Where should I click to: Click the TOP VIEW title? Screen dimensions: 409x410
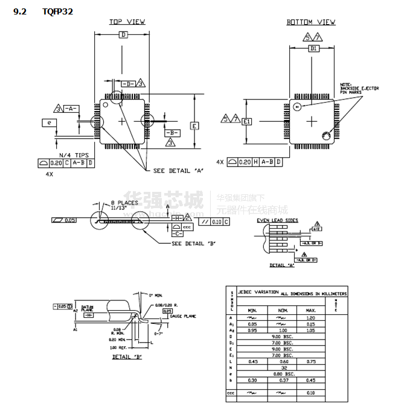coord(127,22)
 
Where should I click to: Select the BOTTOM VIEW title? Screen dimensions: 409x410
coord(311,22)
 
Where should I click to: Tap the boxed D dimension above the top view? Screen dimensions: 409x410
coord(123,36)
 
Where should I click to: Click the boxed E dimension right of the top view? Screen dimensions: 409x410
coord(194,126)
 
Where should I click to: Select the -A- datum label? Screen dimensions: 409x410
coord(71,108)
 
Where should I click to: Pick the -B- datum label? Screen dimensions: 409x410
coord(172,132)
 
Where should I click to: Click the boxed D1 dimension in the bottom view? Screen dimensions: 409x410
coord(313,48)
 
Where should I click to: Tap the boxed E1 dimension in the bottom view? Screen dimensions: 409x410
coord(246,121)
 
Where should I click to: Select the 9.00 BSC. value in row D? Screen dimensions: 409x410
coord(282,336)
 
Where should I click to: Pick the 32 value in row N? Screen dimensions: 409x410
coord(282,367)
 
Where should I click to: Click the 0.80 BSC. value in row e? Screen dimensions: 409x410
coord(282,373)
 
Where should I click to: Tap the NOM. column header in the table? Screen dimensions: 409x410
coord(282,310)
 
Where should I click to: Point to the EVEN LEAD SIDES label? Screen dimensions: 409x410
coord(277,221)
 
